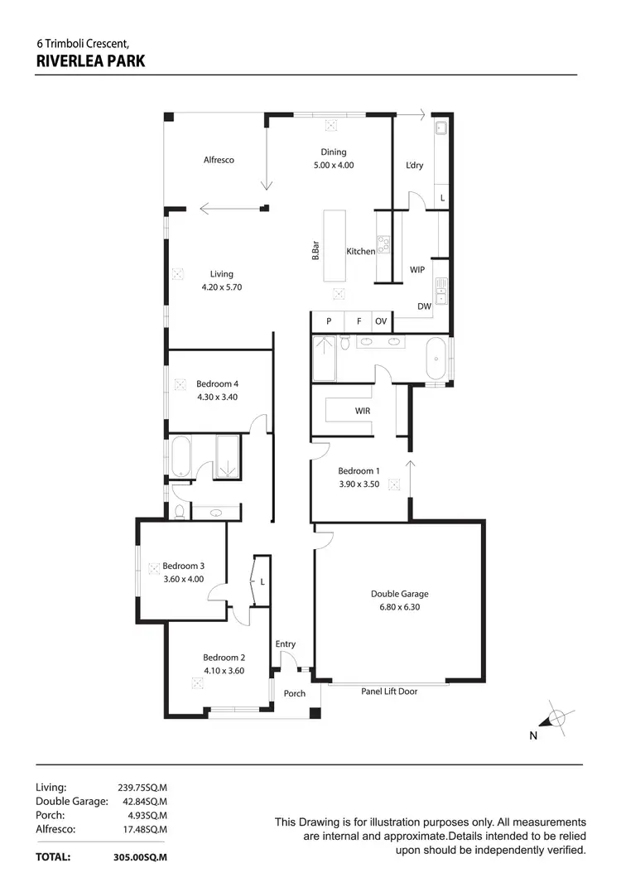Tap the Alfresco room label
click(x=219, y=160)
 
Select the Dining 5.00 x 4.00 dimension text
click(x=333, y=165)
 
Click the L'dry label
click(x=414, y=165)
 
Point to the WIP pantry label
click(x=417, y=270)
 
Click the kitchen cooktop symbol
click(x=384, y=245)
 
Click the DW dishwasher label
click(x=424, y=306)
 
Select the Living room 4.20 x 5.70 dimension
click(x=221, y=287)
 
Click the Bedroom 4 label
click(x=217, y=383)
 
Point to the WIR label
click(x=363, y=410)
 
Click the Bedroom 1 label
click(x=359, y=471)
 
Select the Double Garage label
click(x=399, y=593)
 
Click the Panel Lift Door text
click(x=388, y=692)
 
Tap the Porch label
click(x=294, y=693)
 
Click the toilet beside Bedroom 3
click(x=178, y=512)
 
